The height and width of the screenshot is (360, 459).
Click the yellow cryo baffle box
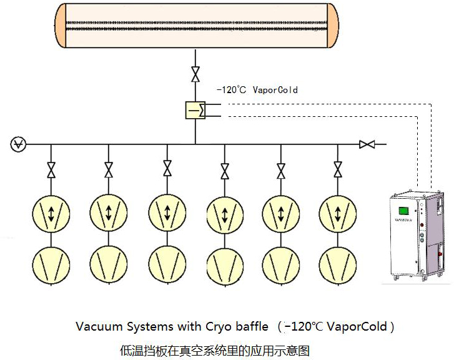coord(195,110)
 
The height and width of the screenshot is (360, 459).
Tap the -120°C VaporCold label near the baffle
coord(257,90)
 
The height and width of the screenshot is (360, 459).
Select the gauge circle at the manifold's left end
coord(18,145)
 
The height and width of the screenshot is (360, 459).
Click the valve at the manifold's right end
coord(367,145)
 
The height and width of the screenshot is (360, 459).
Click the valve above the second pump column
coord(109,169)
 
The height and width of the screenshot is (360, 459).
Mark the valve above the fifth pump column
coord(281,169)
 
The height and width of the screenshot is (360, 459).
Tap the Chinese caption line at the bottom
coord(214,350)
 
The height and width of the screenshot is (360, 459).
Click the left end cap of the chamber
coord(59,27)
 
